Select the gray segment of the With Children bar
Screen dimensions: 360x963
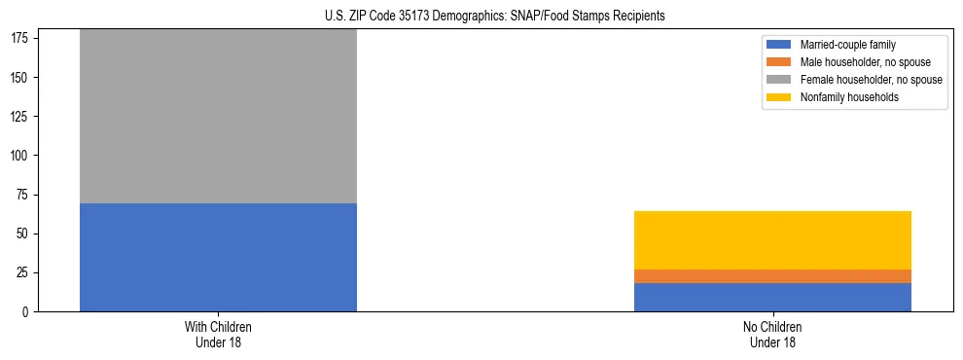coord(218,117)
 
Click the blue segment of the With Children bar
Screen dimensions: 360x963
coord(218,257)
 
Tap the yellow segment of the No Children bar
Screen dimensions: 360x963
coord(772,240)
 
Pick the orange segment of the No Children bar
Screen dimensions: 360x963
coord(772,276)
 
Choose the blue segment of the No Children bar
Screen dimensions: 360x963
coord(772,297)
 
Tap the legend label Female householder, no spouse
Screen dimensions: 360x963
coord(871,80)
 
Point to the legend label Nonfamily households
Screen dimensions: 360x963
coord(849,97)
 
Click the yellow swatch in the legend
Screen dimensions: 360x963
coord(779,97)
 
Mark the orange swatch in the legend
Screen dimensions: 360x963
coord(779,62)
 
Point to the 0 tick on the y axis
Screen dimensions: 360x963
coord(28,311)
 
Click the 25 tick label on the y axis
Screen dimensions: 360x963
coord(25,272)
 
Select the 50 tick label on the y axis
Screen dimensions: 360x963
coord(25,234)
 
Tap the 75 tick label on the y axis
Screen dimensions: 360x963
coord(25,195)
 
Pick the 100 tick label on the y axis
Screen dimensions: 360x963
coord(22,156)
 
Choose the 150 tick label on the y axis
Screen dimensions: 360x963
coord(22,78)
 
